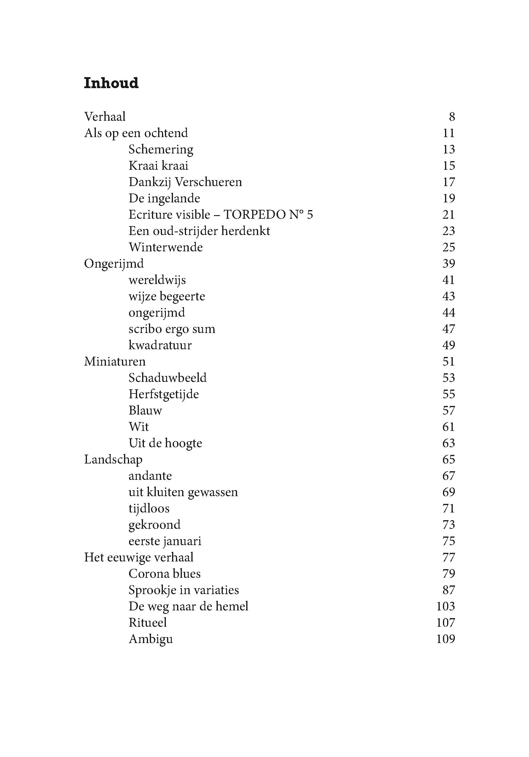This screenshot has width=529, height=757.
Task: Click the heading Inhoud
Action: coord(111,83)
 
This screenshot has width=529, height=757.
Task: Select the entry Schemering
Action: coord(161,149)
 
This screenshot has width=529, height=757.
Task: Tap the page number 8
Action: coord(452,117)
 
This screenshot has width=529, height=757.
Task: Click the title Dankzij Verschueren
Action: coord(185,182)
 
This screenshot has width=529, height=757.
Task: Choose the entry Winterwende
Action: coord(166,247)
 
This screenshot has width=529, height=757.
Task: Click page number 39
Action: coord(449,264)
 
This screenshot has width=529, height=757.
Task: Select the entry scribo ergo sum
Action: coord(172,329)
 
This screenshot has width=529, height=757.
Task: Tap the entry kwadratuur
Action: coord(160,345)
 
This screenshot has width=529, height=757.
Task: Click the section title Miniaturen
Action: coord(115,361)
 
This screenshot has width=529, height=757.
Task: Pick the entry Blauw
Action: coord(145,410)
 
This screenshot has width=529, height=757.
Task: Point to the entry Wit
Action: coord(139,427)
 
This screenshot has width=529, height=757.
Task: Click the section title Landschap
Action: coord(113,459)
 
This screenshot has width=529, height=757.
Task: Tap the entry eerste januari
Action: coord(165,541)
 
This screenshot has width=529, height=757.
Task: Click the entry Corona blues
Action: coord(164,574)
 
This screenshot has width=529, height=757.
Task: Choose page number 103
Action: coord(445,606)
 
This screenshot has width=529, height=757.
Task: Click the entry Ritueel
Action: coord(148,623)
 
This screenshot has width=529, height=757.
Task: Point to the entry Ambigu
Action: coord(151,639)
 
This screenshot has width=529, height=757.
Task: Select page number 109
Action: coord(445,639)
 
